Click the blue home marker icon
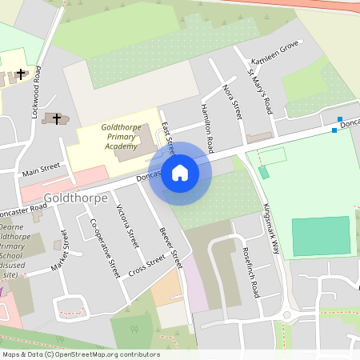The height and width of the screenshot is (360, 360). (x=180, y=173)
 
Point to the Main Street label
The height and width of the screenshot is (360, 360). (x=41, y=170)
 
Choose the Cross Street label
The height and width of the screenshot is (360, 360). (x=146, y=265)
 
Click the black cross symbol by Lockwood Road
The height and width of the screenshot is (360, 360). (x=20, y=74)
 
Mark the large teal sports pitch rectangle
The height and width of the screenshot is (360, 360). (x=321, y=235)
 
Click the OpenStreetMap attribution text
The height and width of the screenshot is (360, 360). (x=80, y=354)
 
